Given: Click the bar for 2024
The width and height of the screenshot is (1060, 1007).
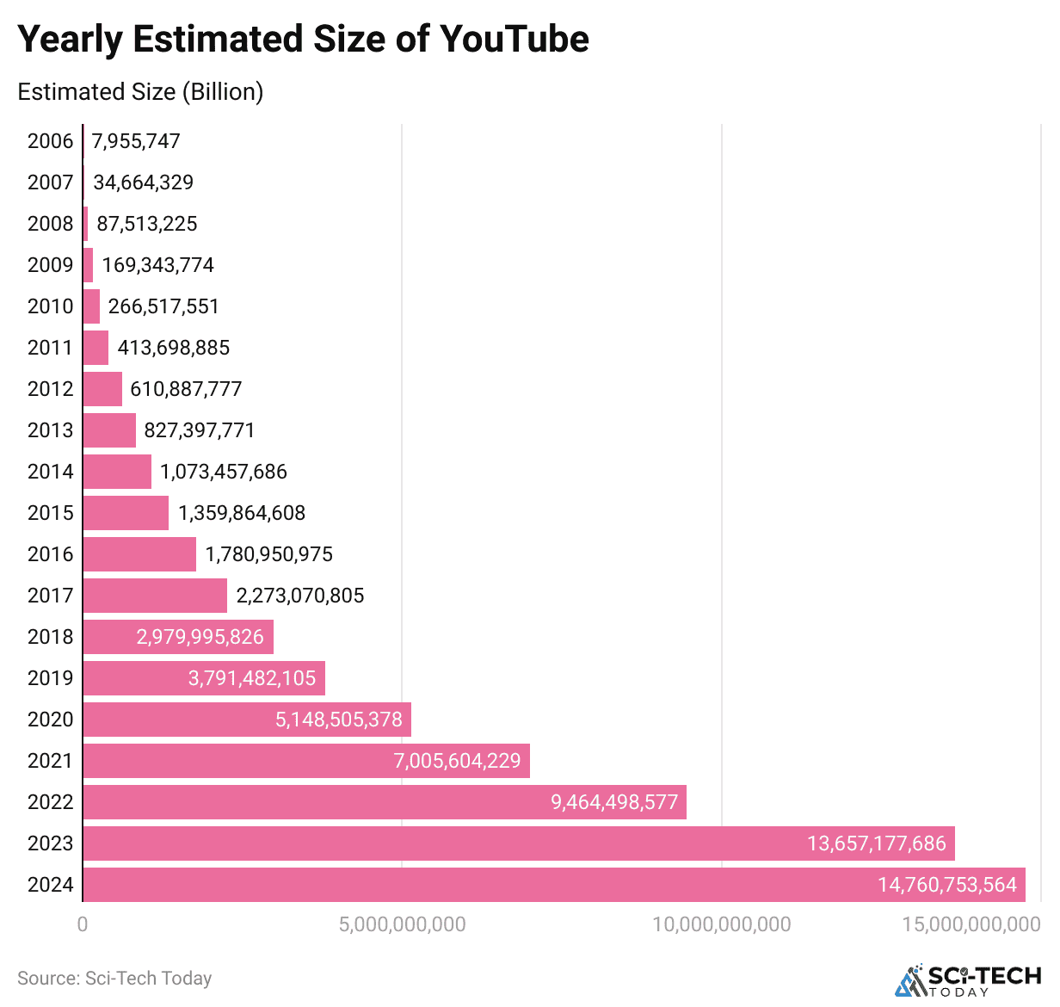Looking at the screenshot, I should point(554,885).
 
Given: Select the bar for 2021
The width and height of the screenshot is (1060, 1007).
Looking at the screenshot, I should point(306,761).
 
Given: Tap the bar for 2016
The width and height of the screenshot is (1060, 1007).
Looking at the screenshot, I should point(139,554).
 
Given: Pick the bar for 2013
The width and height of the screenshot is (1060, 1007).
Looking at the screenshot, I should point(109,430).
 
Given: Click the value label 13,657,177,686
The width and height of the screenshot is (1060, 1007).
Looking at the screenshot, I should point(876,843).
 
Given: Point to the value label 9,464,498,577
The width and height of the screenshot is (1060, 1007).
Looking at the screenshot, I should point(614,802).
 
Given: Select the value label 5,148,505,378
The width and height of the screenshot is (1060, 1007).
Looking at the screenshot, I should point(338,720).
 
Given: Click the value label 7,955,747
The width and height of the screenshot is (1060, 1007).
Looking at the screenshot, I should point(136,141).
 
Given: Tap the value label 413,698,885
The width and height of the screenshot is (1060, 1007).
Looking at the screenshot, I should point(174,348).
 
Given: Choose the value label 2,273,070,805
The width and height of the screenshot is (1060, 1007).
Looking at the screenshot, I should point(300,596).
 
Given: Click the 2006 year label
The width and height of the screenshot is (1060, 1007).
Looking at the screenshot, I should point(50,141).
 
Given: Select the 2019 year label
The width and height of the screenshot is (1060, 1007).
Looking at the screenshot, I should point(50,678).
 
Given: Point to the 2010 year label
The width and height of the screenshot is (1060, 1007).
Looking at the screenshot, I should point(50,306).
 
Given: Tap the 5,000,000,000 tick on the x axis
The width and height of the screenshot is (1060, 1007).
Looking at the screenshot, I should point(402,924).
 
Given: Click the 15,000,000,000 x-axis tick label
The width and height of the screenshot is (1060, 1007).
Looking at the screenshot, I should point(971,924).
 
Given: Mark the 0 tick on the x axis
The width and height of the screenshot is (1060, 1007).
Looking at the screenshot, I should point(83,924).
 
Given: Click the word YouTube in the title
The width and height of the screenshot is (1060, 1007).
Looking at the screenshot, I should point(514,40).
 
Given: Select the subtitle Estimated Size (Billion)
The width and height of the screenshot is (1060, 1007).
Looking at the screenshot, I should point(140,92).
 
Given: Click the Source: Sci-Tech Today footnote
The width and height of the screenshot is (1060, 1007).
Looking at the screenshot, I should point(114,979).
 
